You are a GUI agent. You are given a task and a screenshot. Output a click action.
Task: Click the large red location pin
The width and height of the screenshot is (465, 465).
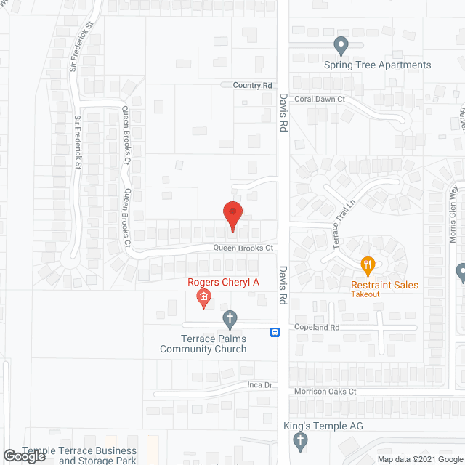pyautogui.click(x=232, y=215)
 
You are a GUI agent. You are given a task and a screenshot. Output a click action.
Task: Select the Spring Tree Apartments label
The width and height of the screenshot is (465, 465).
pyautogui.click(x=377, y=65)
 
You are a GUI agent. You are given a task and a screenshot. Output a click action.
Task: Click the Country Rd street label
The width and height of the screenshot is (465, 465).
pyautogui.click(x=252, y=86)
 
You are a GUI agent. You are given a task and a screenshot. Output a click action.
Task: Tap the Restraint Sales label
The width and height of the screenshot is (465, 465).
pyautogui.click(x=384, y=285)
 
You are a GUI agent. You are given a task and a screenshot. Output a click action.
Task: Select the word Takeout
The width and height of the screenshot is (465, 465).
pyautogui.click(x=365, y=294)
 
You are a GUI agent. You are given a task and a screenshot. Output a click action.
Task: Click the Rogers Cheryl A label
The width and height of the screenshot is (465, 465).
pyautogui.click(x=223, y=282)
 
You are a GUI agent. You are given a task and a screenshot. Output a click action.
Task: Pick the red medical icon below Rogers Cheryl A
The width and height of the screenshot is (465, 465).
pyautogui.click(x=204, y=296)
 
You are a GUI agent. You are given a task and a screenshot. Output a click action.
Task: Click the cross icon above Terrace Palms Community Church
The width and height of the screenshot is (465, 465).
pyautogui.click(x=230, y=318)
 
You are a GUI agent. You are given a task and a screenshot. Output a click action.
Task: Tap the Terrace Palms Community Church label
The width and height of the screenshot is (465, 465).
pyautogui.click(x=214, y=344)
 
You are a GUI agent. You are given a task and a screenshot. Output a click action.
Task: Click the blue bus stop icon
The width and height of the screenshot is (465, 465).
pyautogui.click(x=275, y=333)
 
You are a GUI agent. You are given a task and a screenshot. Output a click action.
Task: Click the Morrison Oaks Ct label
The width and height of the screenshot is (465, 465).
pyautogui.click(x=325, y=392)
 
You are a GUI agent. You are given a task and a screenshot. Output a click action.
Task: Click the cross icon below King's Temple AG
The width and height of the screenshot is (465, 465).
pyautogui.click(x=299, y=440)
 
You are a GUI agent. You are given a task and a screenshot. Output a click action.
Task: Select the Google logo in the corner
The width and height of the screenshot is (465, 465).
pyautogui.click(x=23, y=456)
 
